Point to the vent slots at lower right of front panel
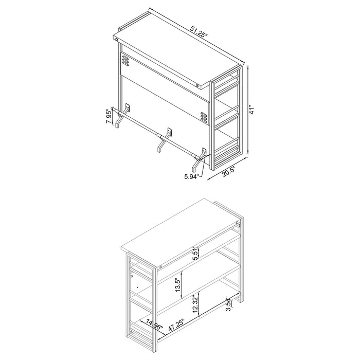pyautogui.click(x=204, y=118)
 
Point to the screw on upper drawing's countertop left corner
pyautogui.click(x=118, y=39)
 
